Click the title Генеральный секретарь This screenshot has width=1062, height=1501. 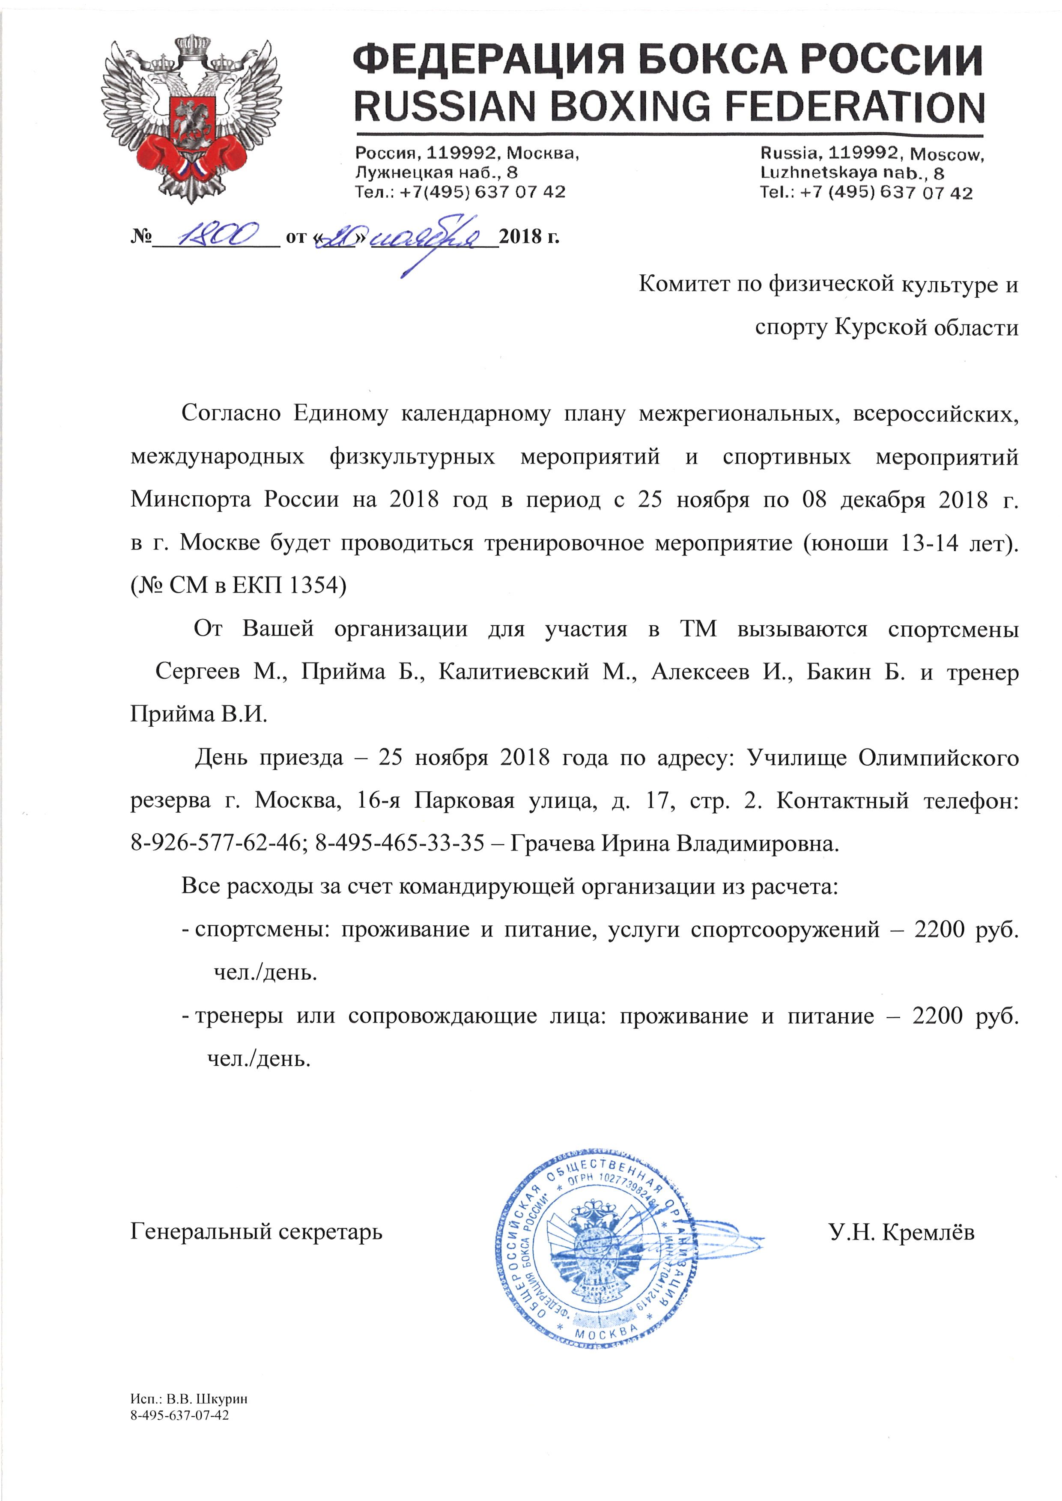pos(257,1232)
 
